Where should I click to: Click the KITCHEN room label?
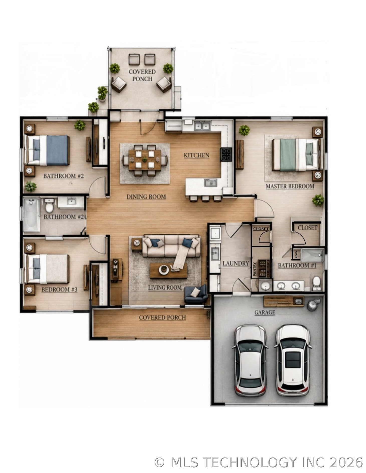[196, 155]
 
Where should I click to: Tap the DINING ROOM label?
[146, 197]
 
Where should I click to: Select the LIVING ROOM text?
[165, 288]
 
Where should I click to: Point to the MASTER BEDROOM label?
[290, 186]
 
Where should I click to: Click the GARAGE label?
[265, 312]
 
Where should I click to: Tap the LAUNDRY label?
[235, 263]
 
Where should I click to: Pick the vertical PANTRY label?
[255, 269]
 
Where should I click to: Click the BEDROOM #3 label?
[59, 290]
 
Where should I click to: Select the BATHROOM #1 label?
[297, 265]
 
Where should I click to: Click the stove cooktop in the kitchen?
[226, 154]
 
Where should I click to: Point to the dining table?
[145, 159]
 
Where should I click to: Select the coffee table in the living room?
[168, 271]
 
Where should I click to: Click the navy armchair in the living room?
[196, 295]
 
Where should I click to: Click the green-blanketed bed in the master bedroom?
[296, 155]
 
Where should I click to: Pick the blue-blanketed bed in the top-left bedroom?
[47, 150]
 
